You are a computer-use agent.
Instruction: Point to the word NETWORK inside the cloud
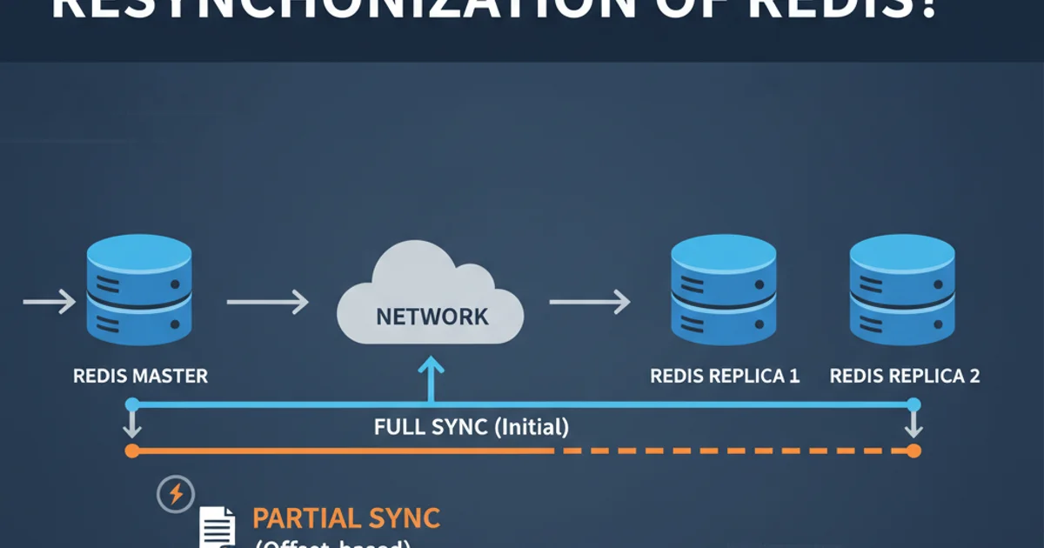[432, 317]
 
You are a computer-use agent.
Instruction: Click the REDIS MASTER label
[140, 377]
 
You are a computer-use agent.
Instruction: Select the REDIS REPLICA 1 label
[725, 377]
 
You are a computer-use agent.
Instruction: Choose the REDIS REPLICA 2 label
[905, 377]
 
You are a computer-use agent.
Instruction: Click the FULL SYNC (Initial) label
[472, 427]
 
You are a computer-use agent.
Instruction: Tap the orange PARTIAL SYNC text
[346, 518]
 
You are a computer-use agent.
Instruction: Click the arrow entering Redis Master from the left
[50, 303]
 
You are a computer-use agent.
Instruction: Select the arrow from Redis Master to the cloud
[267, 303]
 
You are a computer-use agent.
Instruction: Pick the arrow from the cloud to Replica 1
[589, 303]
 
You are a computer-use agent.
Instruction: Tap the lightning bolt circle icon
[175, 495]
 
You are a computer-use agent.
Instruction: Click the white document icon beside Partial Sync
[217, 527]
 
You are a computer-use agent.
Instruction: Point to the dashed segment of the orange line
[731, 451]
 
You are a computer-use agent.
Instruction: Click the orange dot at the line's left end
[132, 451]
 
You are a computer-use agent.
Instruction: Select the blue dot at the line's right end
[913, 404]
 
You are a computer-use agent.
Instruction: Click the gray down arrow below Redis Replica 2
[913, 427]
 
